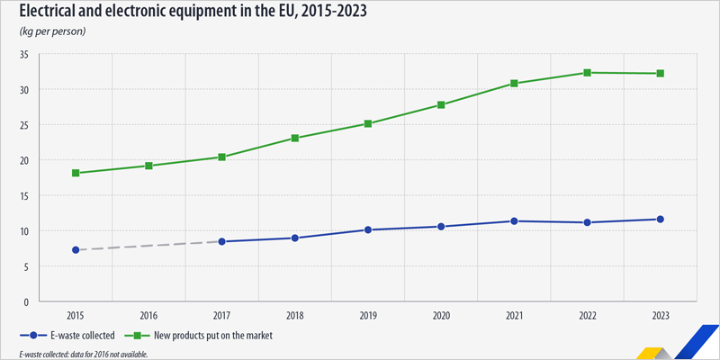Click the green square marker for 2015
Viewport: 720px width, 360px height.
click(x=76, y=173)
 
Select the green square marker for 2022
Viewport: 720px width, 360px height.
click(x=587, y=73)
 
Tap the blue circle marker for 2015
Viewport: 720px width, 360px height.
click(x=76, y=250)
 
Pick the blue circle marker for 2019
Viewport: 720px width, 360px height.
click(x=368, y=229)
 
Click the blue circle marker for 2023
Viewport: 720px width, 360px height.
click(x=660, y=219)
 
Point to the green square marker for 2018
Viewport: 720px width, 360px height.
click(x=295, y=139)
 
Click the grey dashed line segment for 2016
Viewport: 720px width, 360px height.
click(x=148, y=246)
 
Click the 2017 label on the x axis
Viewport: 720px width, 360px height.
click(x=221, y=315)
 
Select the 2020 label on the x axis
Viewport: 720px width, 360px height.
click(x=441, y=315)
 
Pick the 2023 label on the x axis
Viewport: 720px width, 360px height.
click(x=660, y=315)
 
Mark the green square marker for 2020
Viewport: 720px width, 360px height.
click(x=441, y=104)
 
